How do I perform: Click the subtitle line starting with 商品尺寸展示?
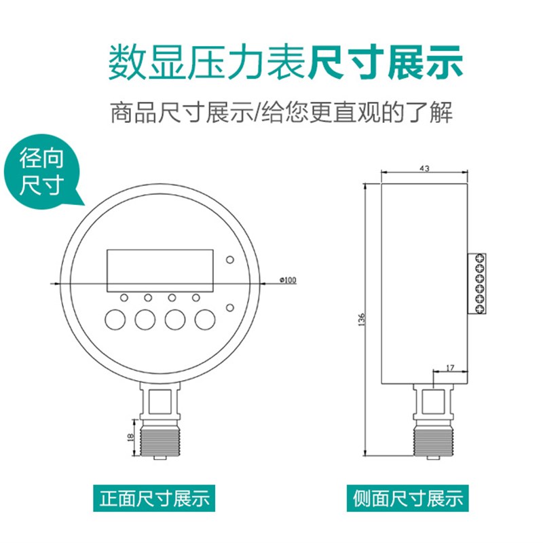tap(281, 112)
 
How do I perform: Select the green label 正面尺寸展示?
tap(154, 499)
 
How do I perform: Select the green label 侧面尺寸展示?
tap(407, 499)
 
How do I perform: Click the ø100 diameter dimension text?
tap(288, 280)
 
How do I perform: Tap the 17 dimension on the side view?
tap(451, 367)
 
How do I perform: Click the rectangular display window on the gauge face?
tap(160, 269)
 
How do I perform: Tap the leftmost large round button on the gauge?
tap(116, 319)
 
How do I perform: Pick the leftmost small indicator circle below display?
tap(124, 297)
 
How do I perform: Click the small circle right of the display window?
tap(231, 261)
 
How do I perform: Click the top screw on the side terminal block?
tap(480, 258)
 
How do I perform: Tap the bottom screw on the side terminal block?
tap(480, 310)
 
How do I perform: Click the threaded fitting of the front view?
tap(160, 438)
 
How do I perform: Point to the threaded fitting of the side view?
tap(431, 438)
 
